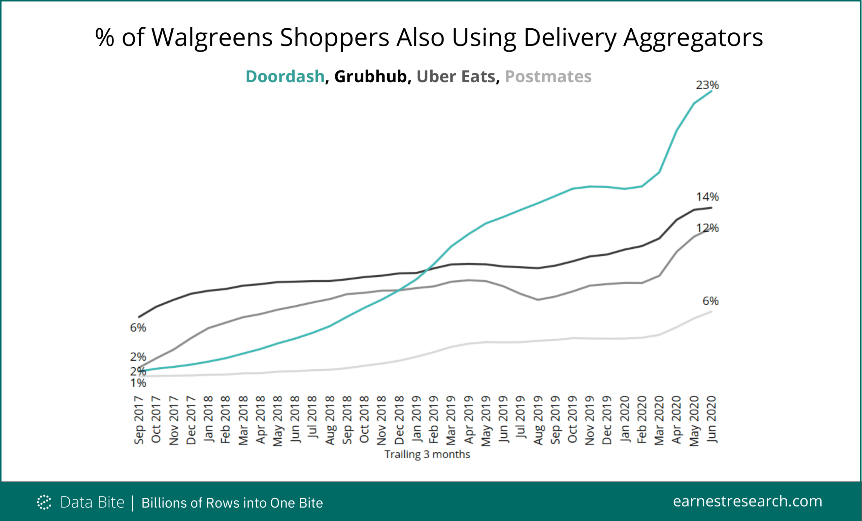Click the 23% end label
coord(707,85)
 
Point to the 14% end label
coord(707,197)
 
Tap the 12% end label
coord(707,228)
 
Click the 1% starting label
coord(138,383)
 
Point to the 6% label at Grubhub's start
coord(138,328)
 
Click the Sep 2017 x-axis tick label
coord(139,420)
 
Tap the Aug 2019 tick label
coord(538,420)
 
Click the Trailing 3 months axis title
coord(427,455)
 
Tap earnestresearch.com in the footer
coord(747,501)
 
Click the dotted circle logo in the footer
coord(44,502)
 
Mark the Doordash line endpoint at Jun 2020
coord(711,91)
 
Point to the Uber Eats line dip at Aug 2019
coord(538,300)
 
